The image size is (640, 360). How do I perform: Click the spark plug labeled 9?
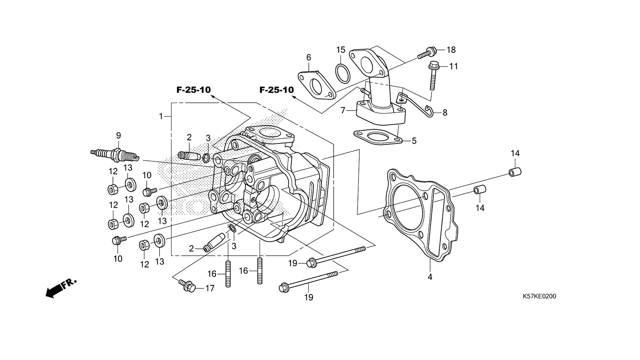(115, 155)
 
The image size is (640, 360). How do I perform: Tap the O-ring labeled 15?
(342, 74)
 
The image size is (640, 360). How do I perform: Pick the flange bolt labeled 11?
(433, 75)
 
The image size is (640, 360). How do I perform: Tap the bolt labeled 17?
(187, 285)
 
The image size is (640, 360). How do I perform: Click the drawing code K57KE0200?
(539, 296)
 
